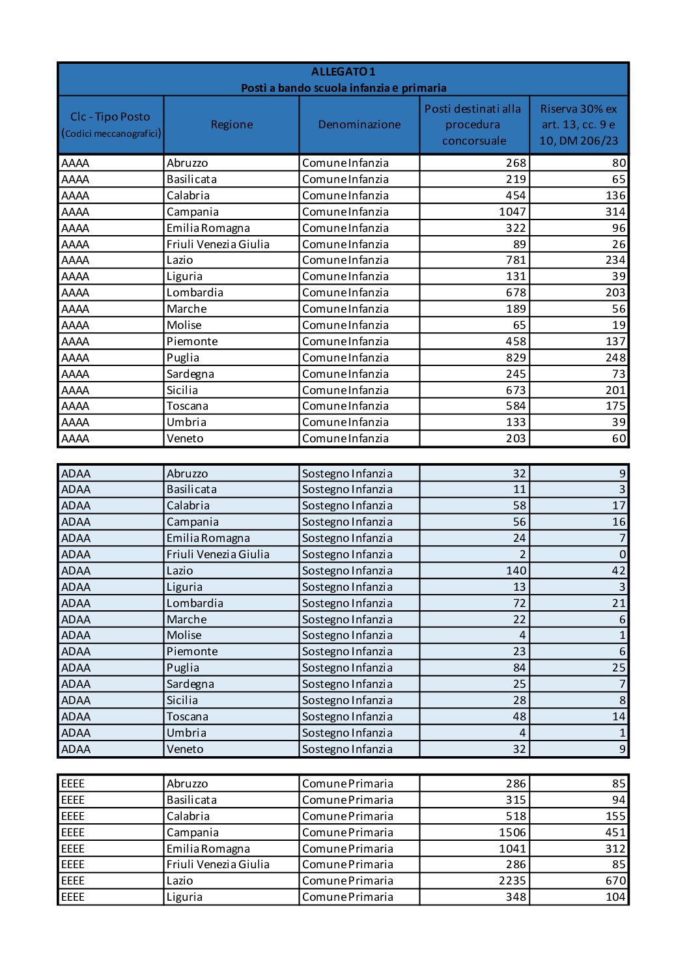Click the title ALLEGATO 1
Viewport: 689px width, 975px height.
(343, 72)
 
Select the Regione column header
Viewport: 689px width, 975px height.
(231, 124)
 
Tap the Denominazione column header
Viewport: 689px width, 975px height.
(359, 124)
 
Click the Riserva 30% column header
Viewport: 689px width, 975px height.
(578, 124)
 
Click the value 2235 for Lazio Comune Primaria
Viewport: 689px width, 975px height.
(512, 881)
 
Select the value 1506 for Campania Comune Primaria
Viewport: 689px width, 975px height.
(512, 832)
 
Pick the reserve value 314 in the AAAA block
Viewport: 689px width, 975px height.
(615, 212)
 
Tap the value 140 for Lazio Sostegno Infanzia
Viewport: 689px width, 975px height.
(516, 571)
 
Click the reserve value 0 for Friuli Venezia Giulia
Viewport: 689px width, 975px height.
(622, 554)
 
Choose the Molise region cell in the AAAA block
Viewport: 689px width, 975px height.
(184, 325)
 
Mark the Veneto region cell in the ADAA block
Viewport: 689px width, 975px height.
(185, 749)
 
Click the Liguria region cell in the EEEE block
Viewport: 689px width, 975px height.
(184, 897)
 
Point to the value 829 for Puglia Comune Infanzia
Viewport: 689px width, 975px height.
(516, 358)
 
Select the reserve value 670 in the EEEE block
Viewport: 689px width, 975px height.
(615, 881)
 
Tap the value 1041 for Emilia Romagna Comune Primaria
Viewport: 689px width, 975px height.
(512, 849)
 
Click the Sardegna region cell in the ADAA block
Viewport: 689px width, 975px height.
(190, 684)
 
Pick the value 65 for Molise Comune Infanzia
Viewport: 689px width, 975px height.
(519, 325)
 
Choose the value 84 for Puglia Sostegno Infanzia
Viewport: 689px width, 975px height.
(519, 668)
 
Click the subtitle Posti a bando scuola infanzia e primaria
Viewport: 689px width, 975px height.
(343, 88)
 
